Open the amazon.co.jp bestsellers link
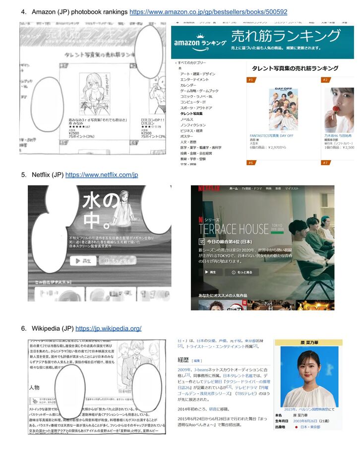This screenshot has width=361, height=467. (x=208, y=11)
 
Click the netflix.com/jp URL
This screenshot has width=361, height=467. (x=102, y=175)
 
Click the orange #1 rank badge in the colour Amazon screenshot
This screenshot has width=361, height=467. (x=251, y=80)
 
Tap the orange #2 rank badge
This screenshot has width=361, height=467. (x=326, y=80)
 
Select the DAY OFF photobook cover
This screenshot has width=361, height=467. (x=283, y=109)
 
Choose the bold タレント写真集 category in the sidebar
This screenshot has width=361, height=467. (x=191, y=114)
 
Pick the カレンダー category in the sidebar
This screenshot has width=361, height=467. (x=188, y=85)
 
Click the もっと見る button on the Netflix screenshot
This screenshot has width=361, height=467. (x=241, y=273)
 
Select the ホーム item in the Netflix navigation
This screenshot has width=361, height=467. (x=233, y=189)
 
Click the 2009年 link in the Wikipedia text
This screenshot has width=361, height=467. (x=184, y=370)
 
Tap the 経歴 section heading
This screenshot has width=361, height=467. (x=184, y=360)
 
